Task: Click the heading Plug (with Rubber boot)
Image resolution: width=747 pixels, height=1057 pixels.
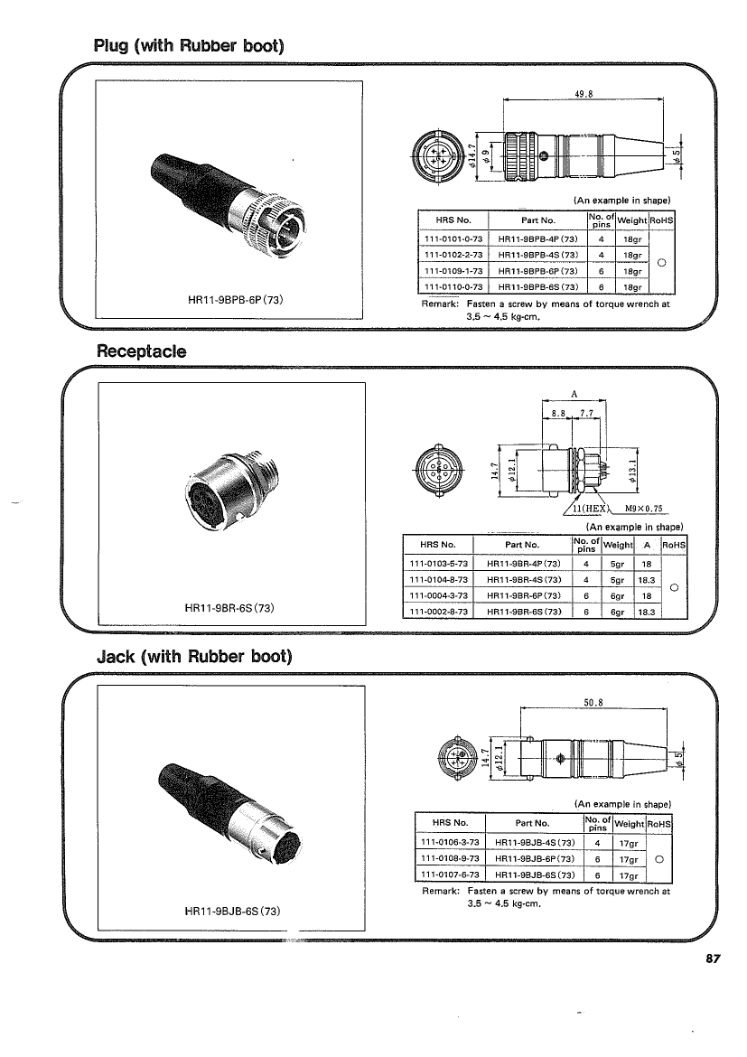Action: coord(189,46)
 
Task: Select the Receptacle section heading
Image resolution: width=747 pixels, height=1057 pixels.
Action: coord(142,351)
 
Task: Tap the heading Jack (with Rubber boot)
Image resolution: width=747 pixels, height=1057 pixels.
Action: coord(195,656)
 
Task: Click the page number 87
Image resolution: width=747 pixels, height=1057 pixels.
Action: coord(714,959)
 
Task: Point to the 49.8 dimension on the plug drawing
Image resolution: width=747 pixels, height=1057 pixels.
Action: coord(584,94)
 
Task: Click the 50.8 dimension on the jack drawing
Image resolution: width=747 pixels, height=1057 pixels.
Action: coord(593,703)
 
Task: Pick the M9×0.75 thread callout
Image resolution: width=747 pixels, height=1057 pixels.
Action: coord(643,509)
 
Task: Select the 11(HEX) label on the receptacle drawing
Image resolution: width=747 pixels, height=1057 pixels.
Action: coord(590,509)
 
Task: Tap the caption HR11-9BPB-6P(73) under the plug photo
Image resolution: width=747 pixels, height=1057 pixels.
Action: coord(235,299)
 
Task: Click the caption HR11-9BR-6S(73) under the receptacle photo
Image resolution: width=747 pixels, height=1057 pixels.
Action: coord(229,607)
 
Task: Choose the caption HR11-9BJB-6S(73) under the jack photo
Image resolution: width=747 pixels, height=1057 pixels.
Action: coord(232,911)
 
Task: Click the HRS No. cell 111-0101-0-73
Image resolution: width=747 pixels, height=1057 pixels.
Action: coord(453,239)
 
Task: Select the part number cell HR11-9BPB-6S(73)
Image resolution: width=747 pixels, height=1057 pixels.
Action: coord(538,287)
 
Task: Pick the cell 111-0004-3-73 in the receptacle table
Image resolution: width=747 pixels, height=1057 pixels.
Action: coord(438,596)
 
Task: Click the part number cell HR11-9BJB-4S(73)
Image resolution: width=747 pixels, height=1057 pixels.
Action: coord(535,843)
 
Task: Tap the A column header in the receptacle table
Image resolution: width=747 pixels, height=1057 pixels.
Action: coord(647,545)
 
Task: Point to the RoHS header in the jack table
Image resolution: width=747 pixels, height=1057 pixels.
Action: coord(659,824)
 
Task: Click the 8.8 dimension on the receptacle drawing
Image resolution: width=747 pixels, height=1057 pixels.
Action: coord(557,413)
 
